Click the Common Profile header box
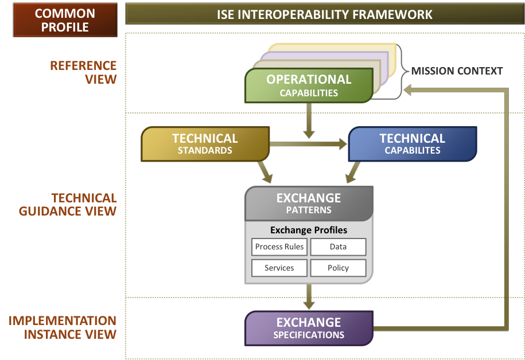click(x=65, y=19)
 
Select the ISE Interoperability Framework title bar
click(x=325, y=14)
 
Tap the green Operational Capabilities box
click(x=309, y=85)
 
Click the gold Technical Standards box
click(x=205, y=144)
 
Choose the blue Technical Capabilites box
click(x=413, y=144)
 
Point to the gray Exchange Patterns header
click(x=309, y=204)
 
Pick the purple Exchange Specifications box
click(x=309, y=328)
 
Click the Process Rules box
click(x=279, y=247)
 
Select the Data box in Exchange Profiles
click(x=338, y=247)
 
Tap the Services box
click(x=279, y=268)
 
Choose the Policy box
click(x=338, y=268)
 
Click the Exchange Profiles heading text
click(x=309, y=230)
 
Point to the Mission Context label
click(x=457, y=71)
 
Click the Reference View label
click(x=83, y=72)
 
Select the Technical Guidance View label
click(x=68, y=205)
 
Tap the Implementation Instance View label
click(x=63, y=327)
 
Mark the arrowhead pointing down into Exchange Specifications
click(x=309, y=306)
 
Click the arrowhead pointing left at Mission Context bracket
click(x=407, y=90)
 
